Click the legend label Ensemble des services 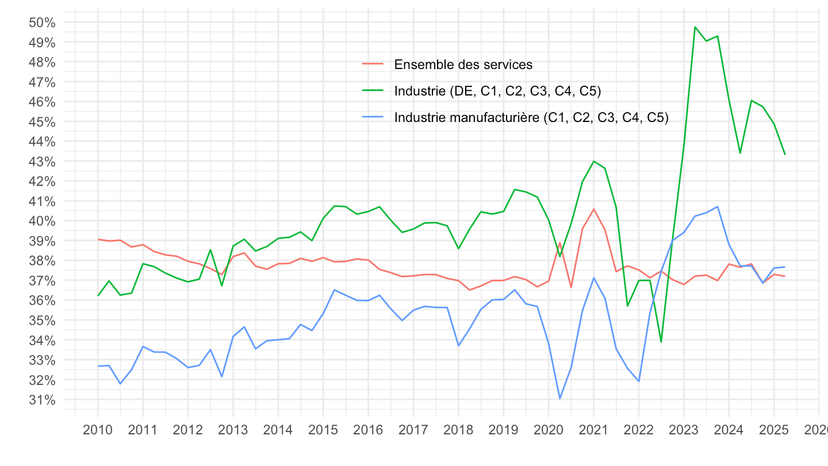[463, 64]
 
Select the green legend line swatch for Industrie [373, 90]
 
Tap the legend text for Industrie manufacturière [531, 117]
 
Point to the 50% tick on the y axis [41, 22]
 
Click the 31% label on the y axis [41, 400]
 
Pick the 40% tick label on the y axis [41, 221]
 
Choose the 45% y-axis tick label [41, 122]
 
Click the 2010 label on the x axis [98, 431]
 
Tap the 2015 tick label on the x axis [323, 431]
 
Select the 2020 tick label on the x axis [549, 431]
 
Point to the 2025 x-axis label [773, 431]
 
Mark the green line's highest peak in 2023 [695, 26]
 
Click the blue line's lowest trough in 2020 [559, 399]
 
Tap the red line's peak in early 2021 [593, 209]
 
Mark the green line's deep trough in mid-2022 [661, 342]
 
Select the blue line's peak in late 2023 [718, 207]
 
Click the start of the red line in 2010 [98, 239]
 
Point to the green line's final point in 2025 [785, 154]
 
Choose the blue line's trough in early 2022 [639, 381]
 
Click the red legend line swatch [373, 64]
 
